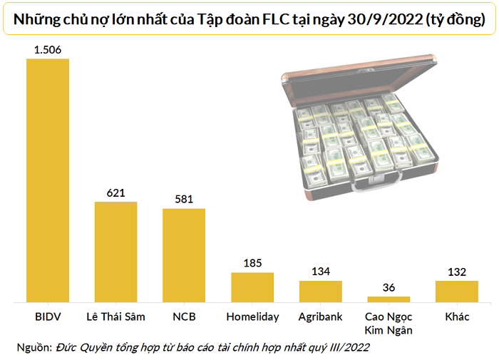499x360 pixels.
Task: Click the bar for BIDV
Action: point(48,181)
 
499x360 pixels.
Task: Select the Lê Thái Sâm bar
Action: point(116,253)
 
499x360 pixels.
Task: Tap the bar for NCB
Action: point(184,257)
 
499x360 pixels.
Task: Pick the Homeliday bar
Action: point(252,288)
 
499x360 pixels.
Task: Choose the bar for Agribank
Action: point(320,292)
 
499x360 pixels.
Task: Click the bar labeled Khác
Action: point(456,292)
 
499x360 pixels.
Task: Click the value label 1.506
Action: point(48,49)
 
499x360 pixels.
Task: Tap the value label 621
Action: point(116,192)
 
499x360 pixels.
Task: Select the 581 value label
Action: point(184,199)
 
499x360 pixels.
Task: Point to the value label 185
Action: point(252,263)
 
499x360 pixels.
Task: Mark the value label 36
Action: point(389,287)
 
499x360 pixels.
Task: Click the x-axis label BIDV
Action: point(48,317)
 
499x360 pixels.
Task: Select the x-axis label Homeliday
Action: point(252,317)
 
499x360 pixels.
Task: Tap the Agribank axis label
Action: point(320,317)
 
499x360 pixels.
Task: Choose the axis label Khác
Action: point(456,317)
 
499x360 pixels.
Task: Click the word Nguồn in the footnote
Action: point(34,347)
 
